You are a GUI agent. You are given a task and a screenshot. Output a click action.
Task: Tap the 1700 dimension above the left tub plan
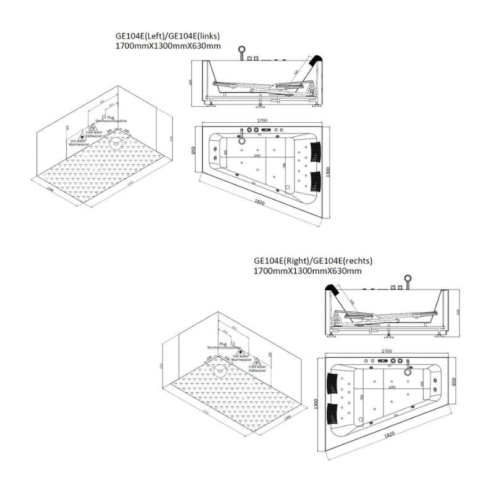(262, 121)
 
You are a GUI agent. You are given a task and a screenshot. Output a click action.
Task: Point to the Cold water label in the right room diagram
(257, 367)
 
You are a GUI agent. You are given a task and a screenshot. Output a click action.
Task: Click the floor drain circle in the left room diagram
(114, 144)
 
